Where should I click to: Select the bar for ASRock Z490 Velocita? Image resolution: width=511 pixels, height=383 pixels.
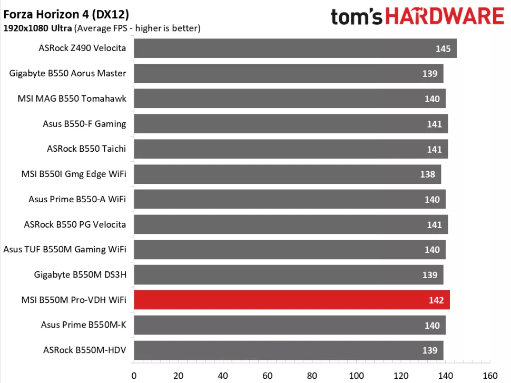pos(295,48)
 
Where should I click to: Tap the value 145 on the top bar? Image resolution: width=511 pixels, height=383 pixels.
pos(443,49)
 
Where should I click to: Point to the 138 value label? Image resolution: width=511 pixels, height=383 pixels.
pos(427,174)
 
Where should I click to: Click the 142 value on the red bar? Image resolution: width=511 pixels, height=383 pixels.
pos(436,300)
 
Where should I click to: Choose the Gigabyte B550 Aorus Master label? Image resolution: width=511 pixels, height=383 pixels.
pos(68,73)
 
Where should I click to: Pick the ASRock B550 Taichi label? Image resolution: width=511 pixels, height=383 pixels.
pos(86,149)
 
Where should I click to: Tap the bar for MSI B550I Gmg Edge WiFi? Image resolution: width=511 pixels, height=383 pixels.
pos(287,174)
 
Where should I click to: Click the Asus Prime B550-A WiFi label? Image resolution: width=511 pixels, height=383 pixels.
pos(77,199)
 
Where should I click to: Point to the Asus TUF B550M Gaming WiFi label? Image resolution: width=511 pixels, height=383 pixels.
pos(65,249)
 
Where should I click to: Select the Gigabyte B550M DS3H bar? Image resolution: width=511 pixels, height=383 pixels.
pos(288,274)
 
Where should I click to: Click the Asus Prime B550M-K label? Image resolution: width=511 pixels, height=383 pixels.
pos(83,325)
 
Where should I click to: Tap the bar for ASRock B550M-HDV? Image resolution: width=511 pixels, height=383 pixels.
pos(288,350)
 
